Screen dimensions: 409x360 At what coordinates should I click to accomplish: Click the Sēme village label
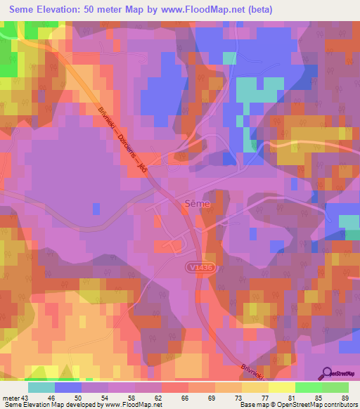click(x=194, y=204)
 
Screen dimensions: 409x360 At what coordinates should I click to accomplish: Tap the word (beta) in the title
click(x=258, y=10)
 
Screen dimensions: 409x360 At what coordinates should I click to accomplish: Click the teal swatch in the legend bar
click(x=41, y=387)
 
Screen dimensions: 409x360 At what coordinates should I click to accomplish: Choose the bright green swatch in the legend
click(x=308, y=387)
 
